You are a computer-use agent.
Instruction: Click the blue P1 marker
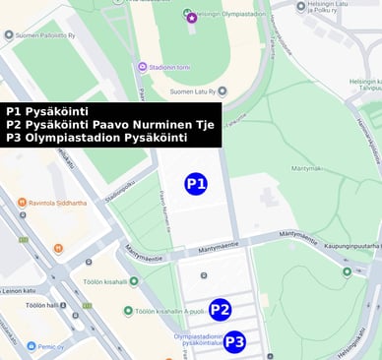pyautogui.click(x=196, y=184)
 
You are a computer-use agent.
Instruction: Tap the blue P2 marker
pyautogui.click(x=220, y=310)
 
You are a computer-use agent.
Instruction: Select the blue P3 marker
pyautogui.click(x=234, y=342)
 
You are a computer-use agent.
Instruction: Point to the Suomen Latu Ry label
pyautogui.click(x=199, y=90)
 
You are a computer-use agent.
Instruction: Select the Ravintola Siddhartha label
pyautogui.click(x=57, y=203)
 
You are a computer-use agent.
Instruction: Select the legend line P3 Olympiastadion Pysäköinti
pyautogui.click(x=95, y=138)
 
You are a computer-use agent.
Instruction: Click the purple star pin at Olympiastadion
pyautogui.click(x=191, y=18)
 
